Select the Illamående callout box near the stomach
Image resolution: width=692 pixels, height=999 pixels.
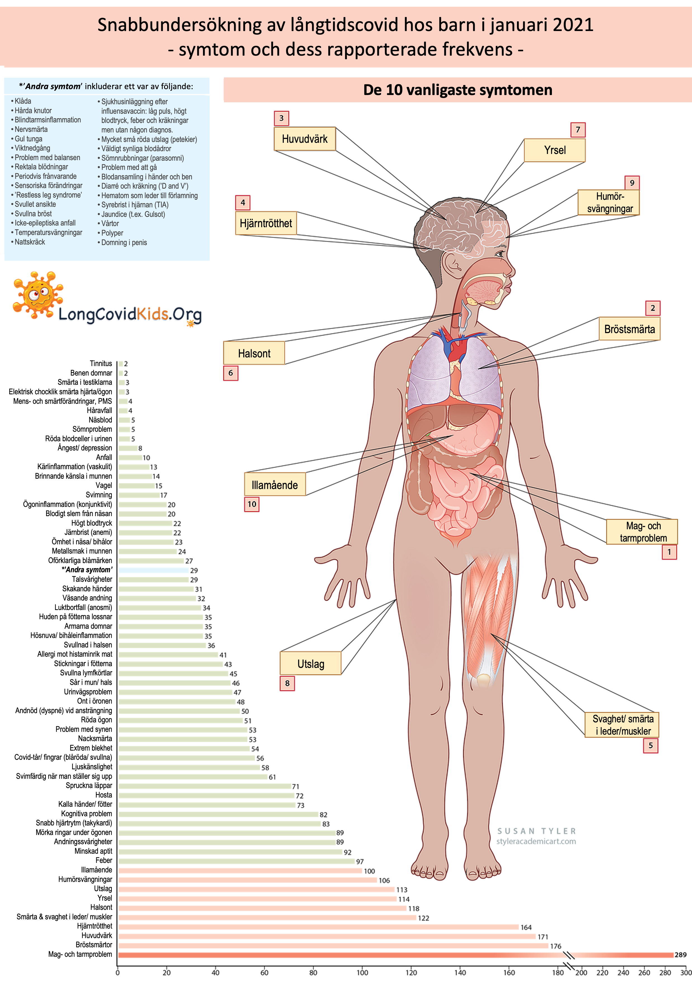click(275, 485)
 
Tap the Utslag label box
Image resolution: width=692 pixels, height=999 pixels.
click(310, 664)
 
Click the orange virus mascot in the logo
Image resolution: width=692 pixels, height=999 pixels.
click(37, 295)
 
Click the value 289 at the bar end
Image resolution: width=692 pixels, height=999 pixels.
click(680, 955)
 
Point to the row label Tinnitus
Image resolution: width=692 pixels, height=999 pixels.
click(101, 364)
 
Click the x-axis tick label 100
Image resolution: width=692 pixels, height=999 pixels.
click(362, 972)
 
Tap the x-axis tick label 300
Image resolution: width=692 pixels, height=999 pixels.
click(686, 972)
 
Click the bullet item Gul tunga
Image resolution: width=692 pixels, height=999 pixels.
click(29, 139)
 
